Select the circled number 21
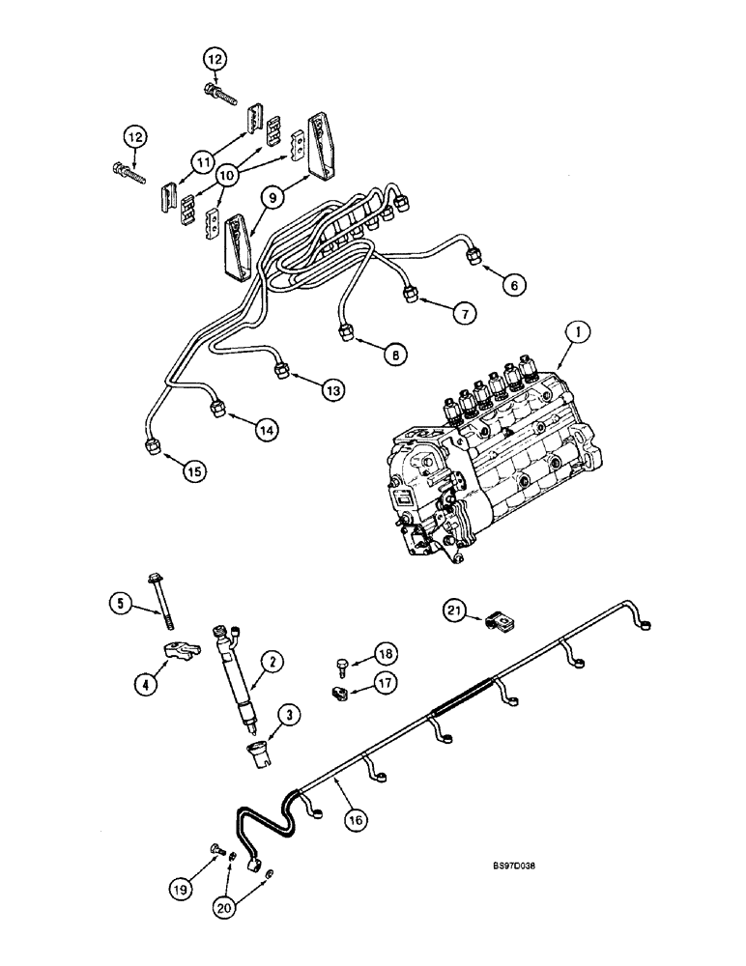(x=454, y=610)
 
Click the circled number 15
(x=196, y=470)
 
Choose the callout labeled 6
(x=513, y=284)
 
